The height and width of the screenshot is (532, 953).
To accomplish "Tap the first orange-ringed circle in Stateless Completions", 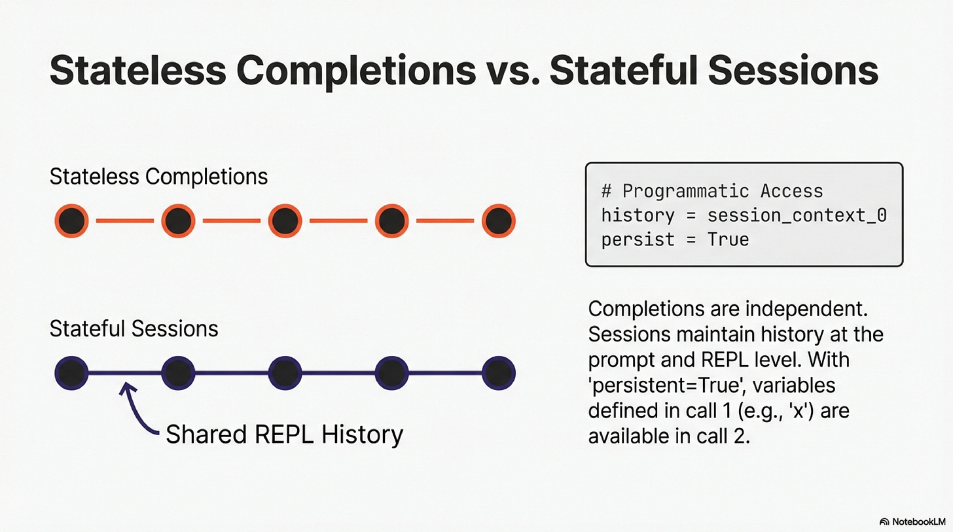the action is click(x=71, y=221).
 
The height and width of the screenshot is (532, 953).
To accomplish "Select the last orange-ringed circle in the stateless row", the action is click(x=499, y=221).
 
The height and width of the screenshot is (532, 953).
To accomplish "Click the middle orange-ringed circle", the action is click(x=285, y=221).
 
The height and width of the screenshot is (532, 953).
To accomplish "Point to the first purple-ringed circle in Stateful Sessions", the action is click(x=71, y=373).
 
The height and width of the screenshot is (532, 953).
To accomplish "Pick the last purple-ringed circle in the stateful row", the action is click(x=499, y=373).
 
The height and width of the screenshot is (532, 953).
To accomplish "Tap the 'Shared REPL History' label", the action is click(x=284, y=434).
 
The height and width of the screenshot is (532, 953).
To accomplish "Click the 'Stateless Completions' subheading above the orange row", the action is click(x=158, y=177).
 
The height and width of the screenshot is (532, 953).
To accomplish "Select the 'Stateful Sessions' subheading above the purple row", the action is click(x=134, y=328).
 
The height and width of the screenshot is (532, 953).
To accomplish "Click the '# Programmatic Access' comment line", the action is click(x=712, y=191).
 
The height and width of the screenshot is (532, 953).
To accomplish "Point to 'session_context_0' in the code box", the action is click(x=797, y=215).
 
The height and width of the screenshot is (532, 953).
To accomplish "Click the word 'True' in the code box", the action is click(x=728, y=239).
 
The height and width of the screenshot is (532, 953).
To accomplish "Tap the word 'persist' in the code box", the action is click(x=638, y=240).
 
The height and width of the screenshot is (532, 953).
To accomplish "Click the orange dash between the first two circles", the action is click(x=125, y=221).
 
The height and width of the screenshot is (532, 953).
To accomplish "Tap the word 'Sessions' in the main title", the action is click(x=793, y=71).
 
